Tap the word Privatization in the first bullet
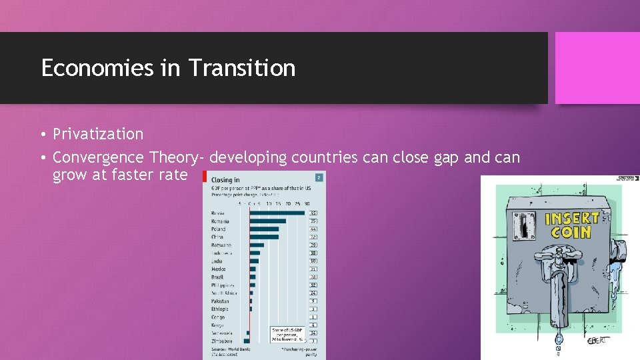(98, 134)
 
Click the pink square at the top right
(588, 68)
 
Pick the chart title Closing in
(225, 180)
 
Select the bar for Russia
(277, 213)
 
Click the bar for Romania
(267, 221)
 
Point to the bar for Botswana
(257, 245)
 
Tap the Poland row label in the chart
(219, 229)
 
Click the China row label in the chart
(218, 237)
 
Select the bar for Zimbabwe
(247, 341)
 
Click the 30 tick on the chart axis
(306, 203)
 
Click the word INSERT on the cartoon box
(571, 218)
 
